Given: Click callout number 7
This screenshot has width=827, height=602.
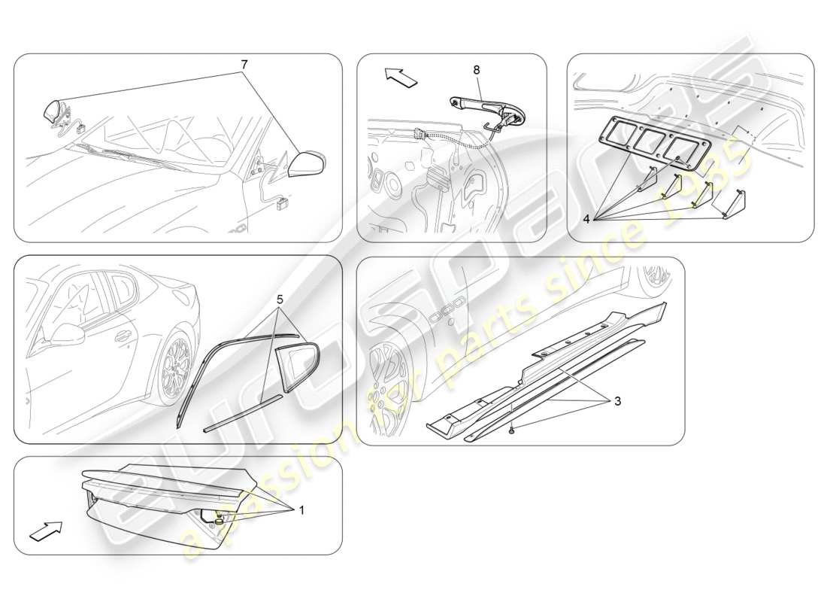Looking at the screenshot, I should pyautogui.click(x=244, y=65).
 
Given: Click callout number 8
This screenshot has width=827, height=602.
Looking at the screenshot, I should pyautogui.click(x=476, y=70).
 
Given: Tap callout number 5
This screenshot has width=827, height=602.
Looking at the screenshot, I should pyautogui.click(x=280, y=299).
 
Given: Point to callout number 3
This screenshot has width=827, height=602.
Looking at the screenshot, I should pyautogui.click(x=616, y=401).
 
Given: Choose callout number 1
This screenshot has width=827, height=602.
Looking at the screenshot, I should pyautogui.click(x=301, y=509).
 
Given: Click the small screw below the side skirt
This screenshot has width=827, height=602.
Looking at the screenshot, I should pyautogui.click(x=512, y=430).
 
